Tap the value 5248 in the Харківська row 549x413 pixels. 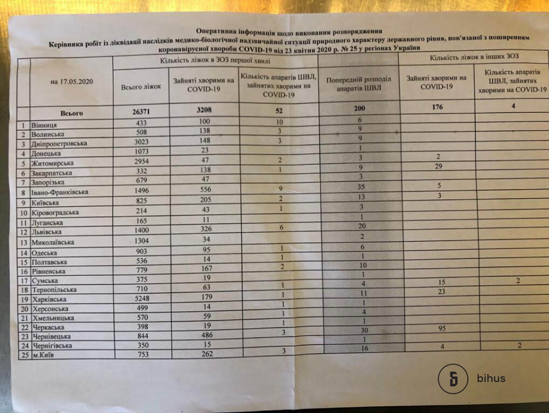pos(140,299)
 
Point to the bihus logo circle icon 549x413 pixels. pos(453,378)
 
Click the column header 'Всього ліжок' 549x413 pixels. pos(141,87)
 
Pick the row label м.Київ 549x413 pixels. pos(45,354)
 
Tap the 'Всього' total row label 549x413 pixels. pos(71,113)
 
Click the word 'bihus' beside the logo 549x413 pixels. pos(491,378)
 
